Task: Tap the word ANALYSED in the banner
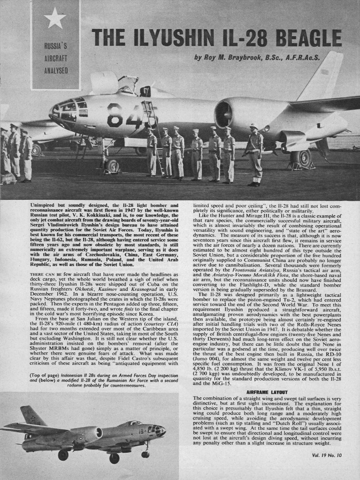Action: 56,71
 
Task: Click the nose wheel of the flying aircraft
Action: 145,454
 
